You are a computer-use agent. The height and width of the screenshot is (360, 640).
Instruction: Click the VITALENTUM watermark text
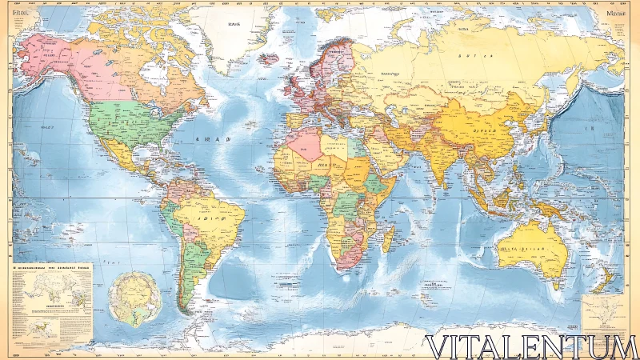coord(531,347)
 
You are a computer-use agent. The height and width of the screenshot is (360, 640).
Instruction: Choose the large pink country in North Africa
coord(305,144)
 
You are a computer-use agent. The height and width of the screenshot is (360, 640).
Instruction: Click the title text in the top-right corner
coord(617,14)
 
